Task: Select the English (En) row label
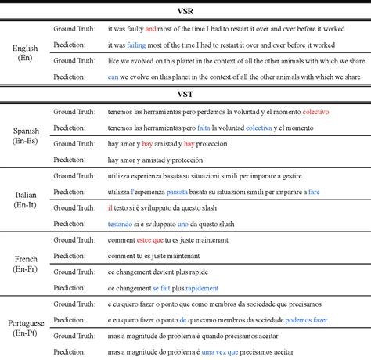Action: click(25, 52)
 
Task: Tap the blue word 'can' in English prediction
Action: click(113, 77)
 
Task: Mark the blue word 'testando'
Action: click(121, 224)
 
